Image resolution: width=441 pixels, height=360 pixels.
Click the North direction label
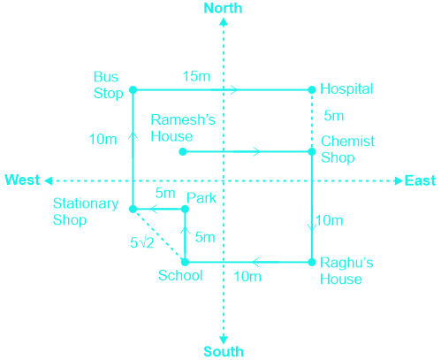(x=223, y=8)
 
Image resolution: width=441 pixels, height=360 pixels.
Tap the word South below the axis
(x=224, y=351)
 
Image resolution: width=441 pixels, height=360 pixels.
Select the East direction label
(x=420, y=180)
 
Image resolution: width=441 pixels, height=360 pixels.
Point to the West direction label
(x=22, y=180)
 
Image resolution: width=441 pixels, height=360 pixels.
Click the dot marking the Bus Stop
(x=133, y=89)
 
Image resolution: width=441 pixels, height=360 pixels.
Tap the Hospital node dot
(x=312, y=89)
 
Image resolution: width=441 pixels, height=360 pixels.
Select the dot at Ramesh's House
(x=183, y=151)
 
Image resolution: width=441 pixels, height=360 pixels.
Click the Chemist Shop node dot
(x=312, y=151)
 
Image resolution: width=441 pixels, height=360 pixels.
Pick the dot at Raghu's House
(x=312, y=262)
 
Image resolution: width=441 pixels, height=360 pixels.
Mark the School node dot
(x=185, y=262)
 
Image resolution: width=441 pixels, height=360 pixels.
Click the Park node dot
(x=185, y=209)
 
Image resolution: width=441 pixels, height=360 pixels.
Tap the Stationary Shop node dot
(x=133, y=209)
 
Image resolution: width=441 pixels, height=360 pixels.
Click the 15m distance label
(x=196, y=76)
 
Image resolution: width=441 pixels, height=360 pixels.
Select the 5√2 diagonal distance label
(x=142, y=242)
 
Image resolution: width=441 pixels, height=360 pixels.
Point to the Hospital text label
(x=346, y=89)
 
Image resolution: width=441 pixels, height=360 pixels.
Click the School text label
(x=180, y=275)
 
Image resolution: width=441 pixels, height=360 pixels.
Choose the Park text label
(x=201, y=198)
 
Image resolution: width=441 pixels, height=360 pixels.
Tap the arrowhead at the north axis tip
(x=224, y=21)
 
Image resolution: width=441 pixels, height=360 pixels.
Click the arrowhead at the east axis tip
(x=399, y=180)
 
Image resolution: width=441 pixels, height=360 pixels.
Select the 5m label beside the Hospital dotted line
(x=334, y=116)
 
